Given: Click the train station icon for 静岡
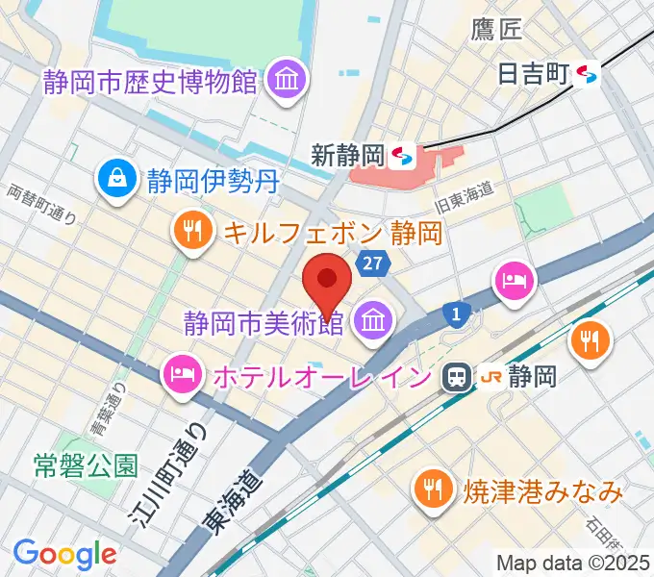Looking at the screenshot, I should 455,377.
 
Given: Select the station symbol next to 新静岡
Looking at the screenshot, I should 405,154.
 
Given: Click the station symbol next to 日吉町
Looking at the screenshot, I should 587,73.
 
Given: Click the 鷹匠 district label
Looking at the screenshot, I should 496,29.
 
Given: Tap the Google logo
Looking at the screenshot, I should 64,553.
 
